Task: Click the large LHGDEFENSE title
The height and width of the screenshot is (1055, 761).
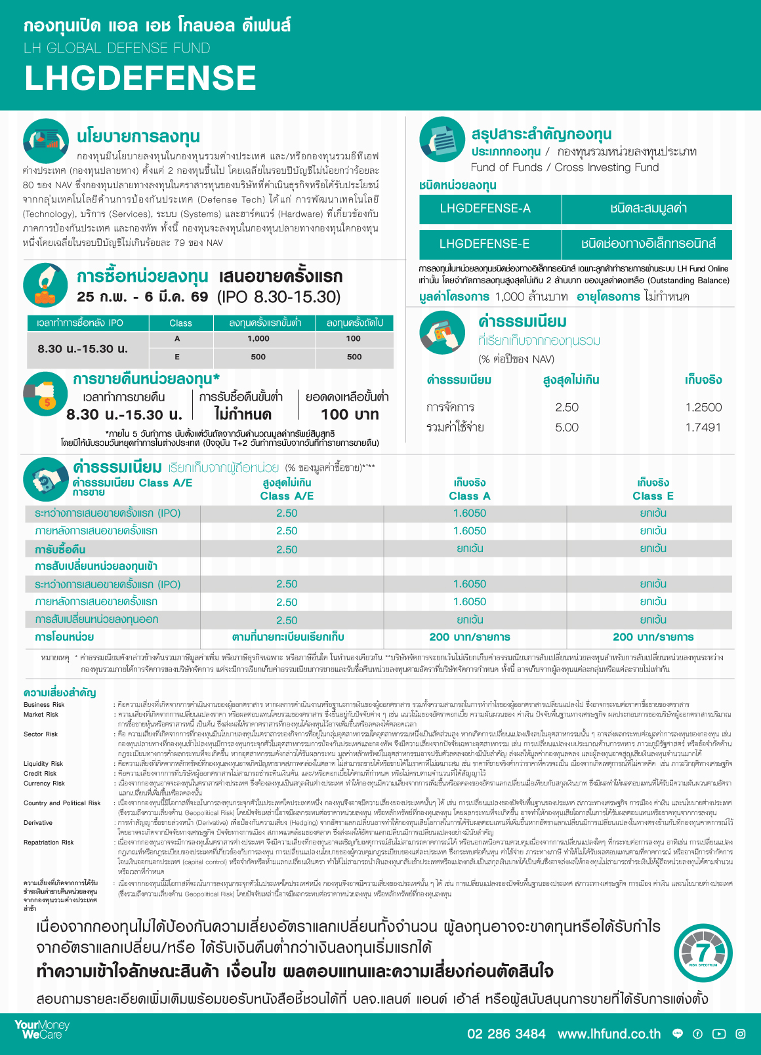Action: tap(140, 78)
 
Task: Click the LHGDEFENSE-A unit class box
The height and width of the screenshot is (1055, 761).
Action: tap(485, 209)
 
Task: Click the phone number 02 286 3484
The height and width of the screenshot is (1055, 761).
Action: tap(506, 1034)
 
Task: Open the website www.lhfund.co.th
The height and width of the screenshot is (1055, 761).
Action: tap(609, 1034)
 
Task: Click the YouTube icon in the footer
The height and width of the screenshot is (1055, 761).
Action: tap(719, 1034)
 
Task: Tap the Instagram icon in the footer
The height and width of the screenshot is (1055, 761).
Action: tap(741, 1034)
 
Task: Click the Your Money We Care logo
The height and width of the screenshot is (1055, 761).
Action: tap(42, 1029)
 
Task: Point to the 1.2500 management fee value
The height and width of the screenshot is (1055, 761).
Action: tap(703, 407)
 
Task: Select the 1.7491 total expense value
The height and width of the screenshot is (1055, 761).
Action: tap(703, 428)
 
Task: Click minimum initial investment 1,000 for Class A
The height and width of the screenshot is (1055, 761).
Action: tap(258, 339)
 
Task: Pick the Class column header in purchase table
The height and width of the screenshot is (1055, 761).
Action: tap(180, 323)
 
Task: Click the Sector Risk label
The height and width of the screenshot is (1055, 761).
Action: tap(41, 734)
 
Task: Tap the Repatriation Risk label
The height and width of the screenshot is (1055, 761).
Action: tap(49, 843)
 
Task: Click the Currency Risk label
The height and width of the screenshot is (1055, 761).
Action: tap(44, 784)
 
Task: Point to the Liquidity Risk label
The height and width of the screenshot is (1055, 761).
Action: tap(43, 764)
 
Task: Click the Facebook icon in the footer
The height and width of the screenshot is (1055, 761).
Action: tap(697, 1034)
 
